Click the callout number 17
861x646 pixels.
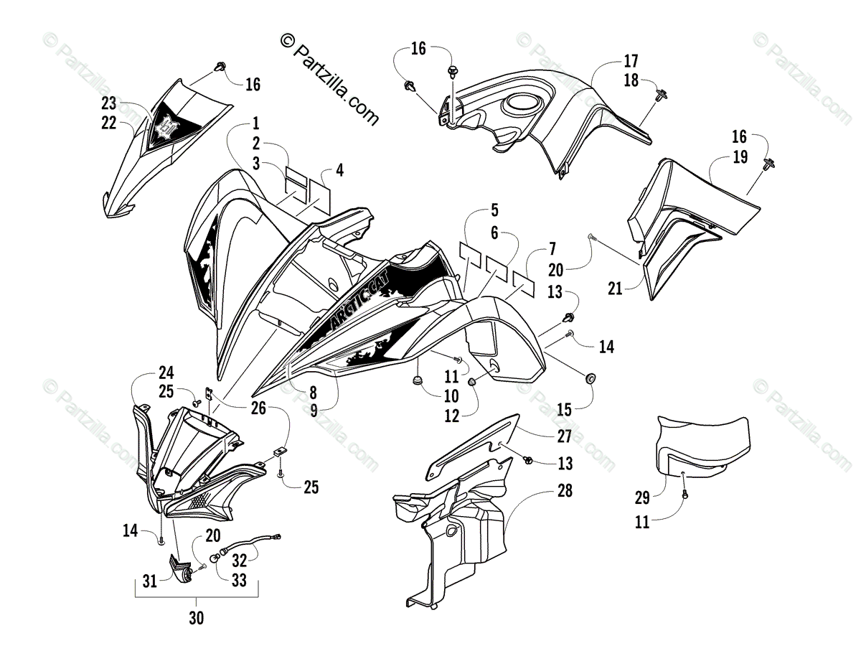631,61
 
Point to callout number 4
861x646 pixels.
339,171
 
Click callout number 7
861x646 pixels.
552,250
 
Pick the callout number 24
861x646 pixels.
166,373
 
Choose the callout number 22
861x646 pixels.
108,123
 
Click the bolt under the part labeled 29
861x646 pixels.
684,494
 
